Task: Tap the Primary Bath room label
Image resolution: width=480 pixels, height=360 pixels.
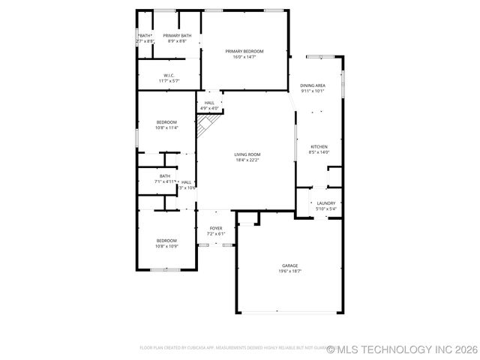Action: [177, 35]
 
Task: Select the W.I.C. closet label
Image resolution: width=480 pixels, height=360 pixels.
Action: [169, 75]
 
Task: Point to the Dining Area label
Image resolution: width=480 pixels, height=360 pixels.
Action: [312, 86]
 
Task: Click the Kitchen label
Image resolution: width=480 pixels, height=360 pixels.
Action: [319, 146]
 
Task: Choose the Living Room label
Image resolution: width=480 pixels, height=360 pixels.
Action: [247, 154]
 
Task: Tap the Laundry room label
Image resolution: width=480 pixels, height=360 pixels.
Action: [325, 202]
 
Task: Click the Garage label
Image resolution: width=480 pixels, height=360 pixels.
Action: [290, 265]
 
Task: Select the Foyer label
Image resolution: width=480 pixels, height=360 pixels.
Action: [216, 228]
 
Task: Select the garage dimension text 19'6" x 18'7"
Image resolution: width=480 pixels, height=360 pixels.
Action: [290, 271]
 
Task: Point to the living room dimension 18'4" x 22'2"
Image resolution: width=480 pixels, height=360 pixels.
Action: [247, 160]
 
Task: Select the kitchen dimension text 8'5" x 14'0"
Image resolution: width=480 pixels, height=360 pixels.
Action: [319, 152]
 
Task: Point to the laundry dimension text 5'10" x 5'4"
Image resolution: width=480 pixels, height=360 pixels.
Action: [325, 208]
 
